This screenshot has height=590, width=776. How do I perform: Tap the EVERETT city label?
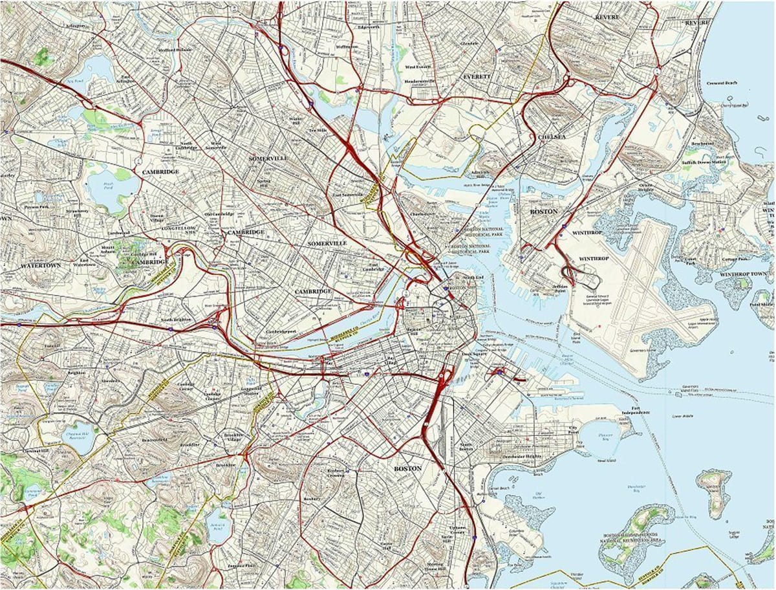(x=477, y=76)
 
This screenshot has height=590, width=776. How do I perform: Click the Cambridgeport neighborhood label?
(x=281, y=331)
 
